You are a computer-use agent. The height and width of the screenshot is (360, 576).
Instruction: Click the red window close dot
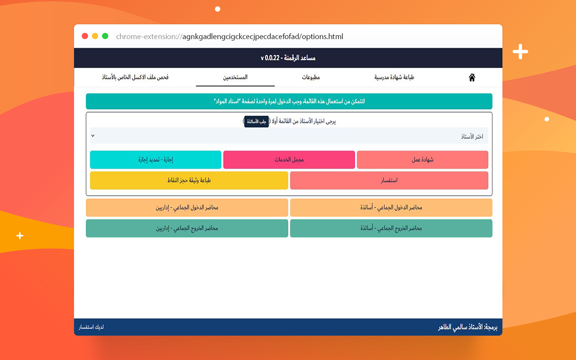85,36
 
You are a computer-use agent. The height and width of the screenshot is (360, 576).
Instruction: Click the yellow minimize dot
95,36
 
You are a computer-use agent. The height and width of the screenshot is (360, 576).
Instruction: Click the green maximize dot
105,36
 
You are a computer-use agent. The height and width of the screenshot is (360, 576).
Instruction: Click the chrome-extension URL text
229,36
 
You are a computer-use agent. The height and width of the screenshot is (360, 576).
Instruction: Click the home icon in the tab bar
472,77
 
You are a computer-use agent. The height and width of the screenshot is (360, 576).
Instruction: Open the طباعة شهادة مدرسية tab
394,77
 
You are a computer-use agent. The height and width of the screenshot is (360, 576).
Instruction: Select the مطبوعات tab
310,77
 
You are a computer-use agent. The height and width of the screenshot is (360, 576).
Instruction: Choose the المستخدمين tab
235,77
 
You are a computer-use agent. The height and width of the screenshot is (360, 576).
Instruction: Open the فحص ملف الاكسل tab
135,77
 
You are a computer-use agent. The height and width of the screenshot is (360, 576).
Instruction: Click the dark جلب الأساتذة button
256,121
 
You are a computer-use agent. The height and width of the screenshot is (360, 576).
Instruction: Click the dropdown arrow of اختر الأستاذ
93,135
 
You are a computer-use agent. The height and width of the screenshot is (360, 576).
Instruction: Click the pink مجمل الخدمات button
289,160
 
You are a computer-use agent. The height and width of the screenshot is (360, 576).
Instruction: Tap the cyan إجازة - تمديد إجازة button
156,160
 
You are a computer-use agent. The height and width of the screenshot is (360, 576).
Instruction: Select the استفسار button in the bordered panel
389,180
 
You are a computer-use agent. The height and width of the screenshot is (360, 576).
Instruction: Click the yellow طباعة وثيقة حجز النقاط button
189,180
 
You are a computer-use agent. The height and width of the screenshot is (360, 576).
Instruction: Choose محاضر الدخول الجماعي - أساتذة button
391,207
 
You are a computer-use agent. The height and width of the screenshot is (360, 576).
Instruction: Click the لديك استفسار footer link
91,327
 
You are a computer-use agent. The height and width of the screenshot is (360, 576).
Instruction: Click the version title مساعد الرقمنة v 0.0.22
288,58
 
